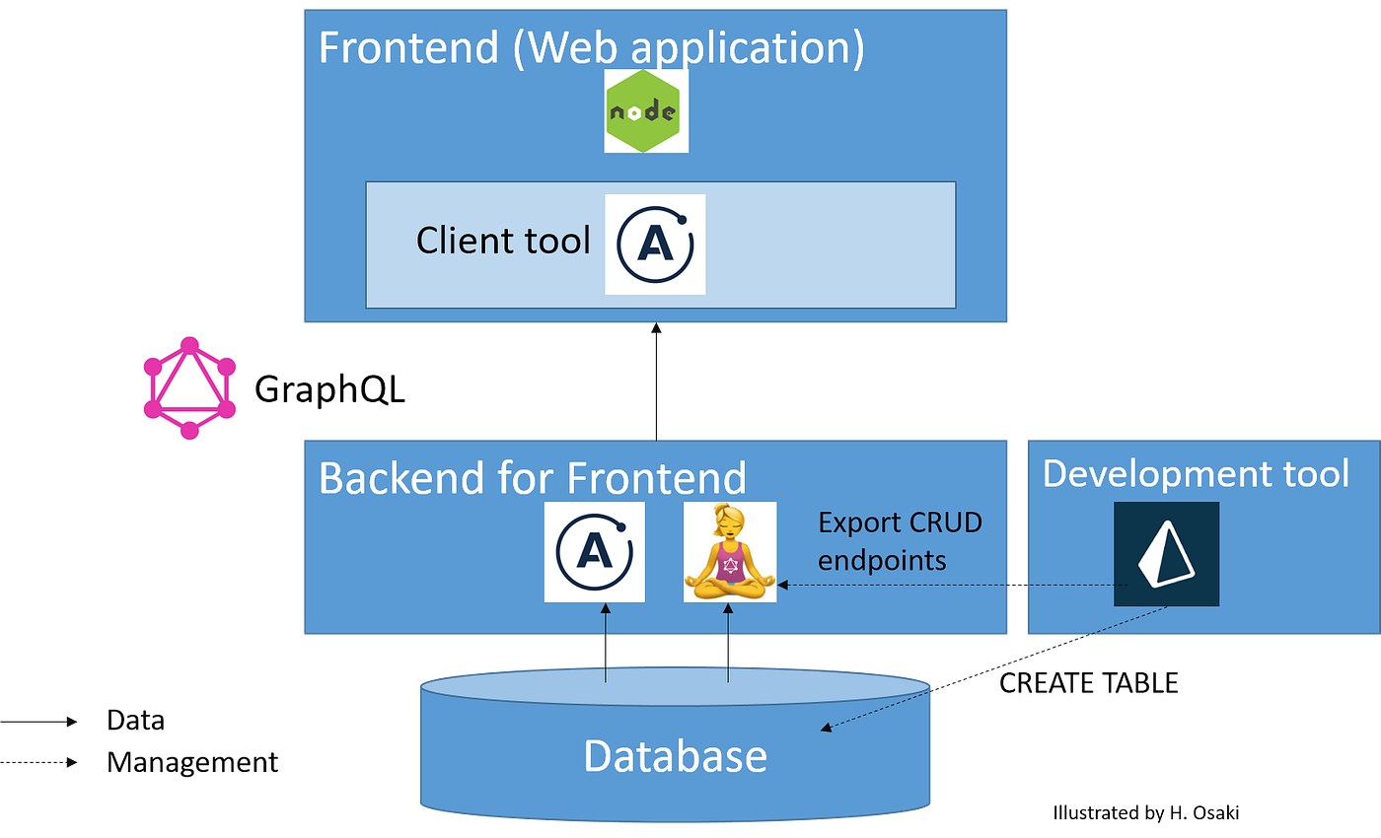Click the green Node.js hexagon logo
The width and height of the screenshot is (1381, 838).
click(x=646, y=111)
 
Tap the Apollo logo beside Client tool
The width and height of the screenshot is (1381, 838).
click(x=655, y=244)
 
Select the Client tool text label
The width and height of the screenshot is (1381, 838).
click(x=503, y=241)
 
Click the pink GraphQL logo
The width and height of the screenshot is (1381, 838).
click(x=189, y=387)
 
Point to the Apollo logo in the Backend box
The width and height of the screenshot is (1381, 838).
click(x=594, y=552)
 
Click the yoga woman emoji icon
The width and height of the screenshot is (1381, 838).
click(x=729, y=552)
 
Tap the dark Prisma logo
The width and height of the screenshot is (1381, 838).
click(x=1166, y=554)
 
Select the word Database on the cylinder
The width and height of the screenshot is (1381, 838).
click(x=675, y=756)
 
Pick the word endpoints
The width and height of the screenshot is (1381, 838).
click(x=882, y=560)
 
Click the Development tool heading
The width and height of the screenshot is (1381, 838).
click(x=1196, y=474)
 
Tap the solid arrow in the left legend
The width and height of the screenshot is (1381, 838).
click(x=39, y=722)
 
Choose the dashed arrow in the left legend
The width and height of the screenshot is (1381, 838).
click(x=39, y=761)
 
